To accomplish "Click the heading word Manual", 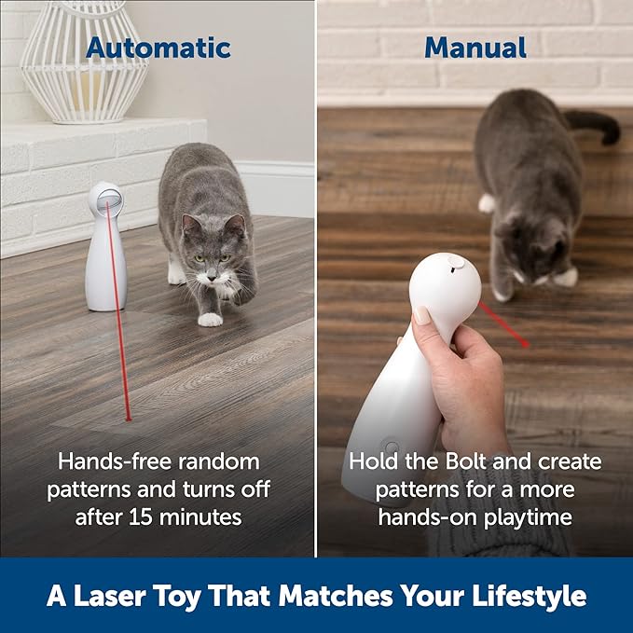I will tap(475, 48).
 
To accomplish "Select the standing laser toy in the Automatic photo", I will tap(105, 247).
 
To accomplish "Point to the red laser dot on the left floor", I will tap(128, 419).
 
